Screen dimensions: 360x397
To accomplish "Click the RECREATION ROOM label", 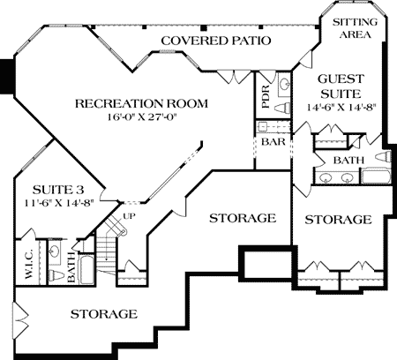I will (x=141, y=103).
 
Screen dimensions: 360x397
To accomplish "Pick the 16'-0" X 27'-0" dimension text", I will (x=140, y=117).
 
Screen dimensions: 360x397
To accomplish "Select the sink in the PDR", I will (x=284, y=85).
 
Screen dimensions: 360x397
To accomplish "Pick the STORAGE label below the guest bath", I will (x=338, y=219).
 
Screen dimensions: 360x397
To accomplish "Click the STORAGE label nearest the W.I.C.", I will (x=103, y=314).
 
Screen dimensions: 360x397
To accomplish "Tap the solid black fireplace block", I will (x=7, y=75).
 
